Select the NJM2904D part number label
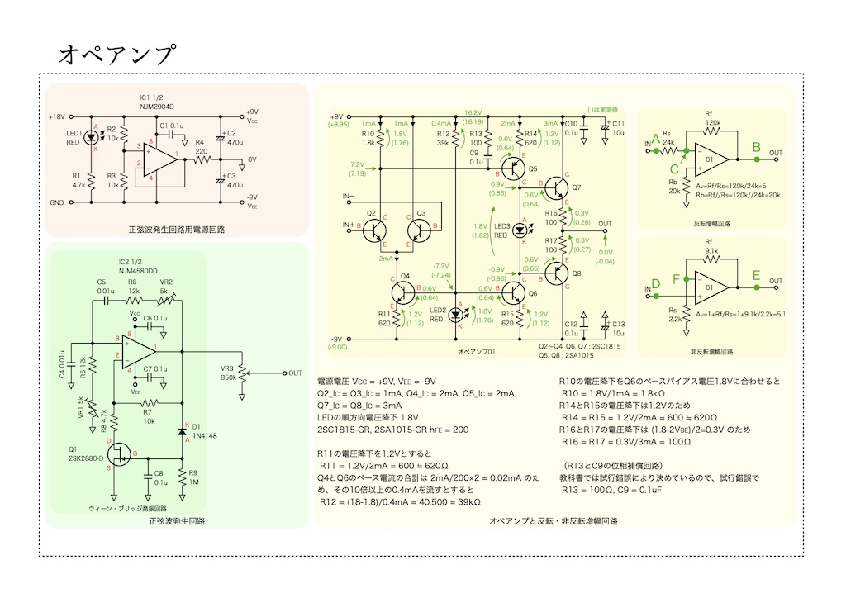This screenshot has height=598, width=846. click(157, 107)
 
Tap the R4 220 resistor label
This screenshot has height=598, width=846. click(201, 147)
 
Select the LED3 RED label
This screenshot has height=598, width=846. click(501, 230)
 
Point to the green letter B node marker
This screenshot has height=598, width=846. click(755, 149)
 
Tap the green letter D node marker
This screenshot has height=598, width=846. click(657, 284)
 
